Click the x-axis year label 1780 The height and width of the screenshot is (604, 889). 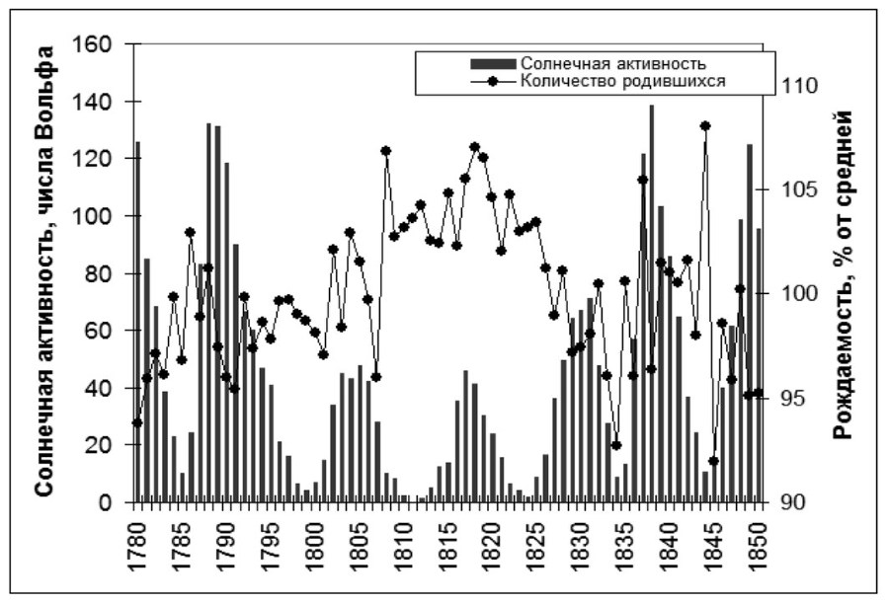137,538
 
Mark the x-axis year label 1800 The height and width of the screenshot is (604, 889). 315,538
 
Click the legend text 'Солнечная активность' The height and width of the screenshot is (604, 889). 612,65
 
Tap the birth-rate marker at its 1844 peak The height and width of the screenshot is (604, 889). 705,126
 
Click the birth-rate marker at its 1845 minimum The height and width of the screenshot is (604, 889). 714,461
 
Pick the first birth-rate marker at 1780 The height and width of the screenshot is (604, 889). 137,423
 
